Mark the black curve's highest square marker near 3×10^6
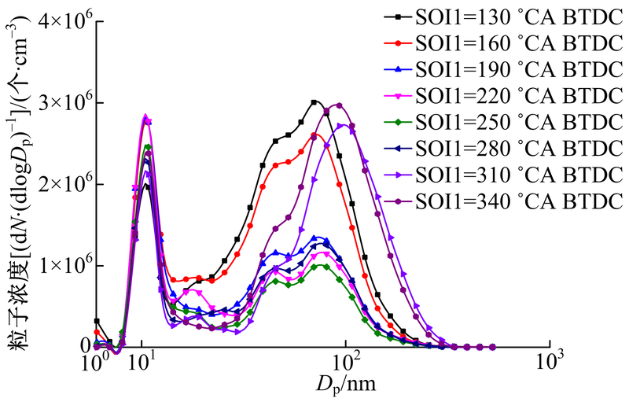[x=314, y=102]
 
